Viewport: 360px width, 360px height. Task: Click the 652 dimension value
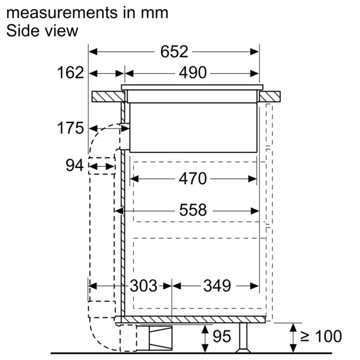coord(174,52)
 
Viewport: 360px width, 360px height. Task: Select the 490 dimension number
coord(193,73)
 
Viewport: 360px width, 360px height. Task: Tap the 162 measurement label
coord(70,73)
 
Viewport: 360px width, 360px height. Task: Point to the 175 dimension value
coord(70,128)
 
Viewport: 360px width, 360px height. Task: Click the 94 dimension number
coord(74,166)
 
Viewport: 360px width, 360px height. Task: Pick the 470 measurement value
coord(193,179)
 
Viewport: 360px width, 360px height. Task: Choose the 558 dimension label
coord(193,210)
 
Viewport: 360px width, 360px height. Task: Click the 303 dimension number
coord(144,286)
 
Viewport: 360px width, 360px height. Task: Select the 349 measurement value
coord(217,286)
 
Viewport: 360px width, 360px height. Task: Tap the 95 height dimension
coord(222,337)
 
